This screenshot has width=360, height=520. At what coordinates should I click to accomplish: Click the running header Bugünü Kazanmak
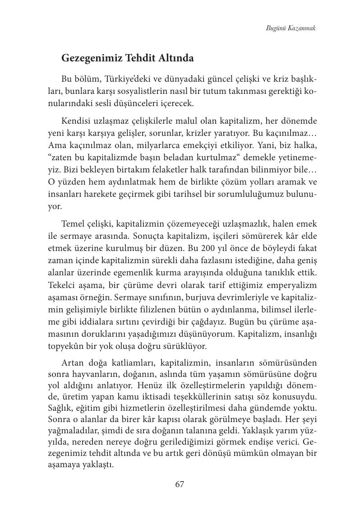click(x=291, y=28)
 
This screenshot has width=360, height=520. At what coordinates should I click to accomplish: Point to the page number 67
click(x=180, y=484)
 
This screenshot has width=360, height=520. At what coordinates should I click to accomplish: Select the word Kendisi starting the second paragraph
click(x=77, y=122)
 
